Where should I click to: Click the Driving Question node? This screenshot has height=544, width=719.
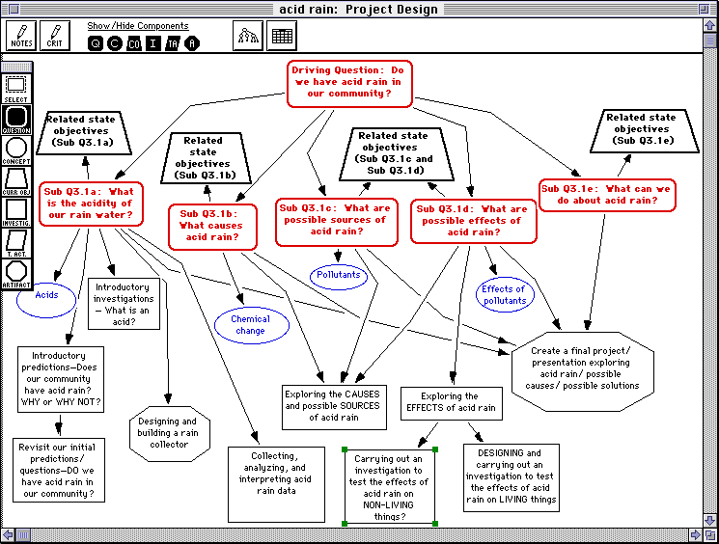(x=349, y=83)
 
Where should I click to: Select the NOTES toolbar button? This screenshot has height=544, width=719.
(x=21, y=37)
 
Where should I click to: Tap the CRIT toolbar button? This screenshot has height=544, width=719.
(x=55, y=37)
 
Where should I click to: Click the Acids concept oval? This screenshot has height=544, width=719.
(x=46, y=296)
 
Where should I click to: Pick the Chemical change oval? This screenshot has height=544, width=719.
(x=250, y=325)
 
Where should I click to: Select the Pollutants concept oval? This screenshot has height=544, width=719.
(x=339, y=275)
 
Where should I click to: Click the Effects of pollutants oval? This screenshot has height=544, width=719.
(x=503, y=295)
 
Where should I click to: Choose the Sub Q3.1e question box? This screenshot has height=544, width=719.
(x=607, y=195)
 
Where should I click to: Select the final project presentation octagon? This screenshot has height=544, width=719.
(x=585, y=367)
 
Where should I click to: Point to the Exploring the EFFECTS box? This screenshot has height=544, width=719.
(x=450, y=402)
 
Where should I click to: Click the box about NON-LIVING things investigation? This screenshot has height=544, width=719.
(x=390, y=485)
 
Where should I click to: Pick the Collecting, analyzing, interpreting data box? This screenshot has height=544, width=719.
(x=275, y=472)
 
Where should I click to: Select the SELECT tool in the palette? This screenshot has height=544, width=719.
(x=16, y=89)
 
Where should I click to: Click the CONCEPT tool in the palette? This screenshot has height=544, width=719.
(x=16, y=151)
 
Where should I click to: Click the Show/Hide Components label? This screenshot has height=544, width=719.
(x=138, y=26)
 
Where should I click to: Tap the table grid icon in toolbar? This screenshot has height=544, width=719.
(x=282, y=37)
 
